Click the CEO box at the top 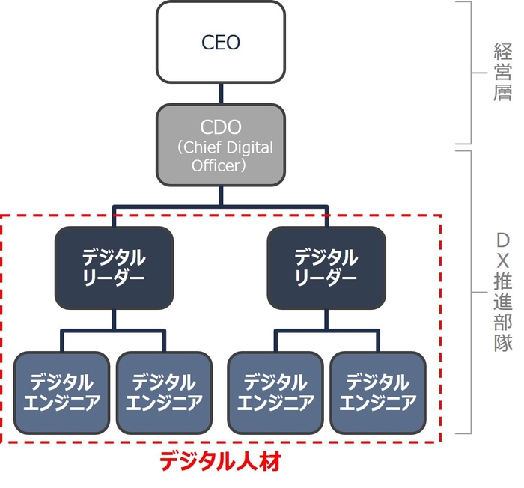tap(221, 42)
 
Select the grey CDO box tap(221, 144)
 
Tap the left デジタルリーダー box tap(114, 267)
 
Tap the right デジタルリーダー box tap(326, 267)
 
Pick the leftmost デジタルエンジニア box tap(62, 392)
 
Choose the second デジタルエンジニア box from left tap(164, 392)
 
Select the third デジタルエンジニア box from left tap(275, 392)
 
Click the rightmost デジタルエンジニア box tap(378, 392)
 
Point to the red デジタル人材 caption tap(220, 462)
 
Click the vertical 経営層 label tap(502, 73)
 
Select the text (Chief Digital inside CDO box tap(225, 147)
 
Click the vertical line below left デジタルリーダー tap(114, 320)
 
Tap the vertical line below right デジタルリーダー tap(326, 320)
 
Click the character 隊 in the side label tap(502, 343)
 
